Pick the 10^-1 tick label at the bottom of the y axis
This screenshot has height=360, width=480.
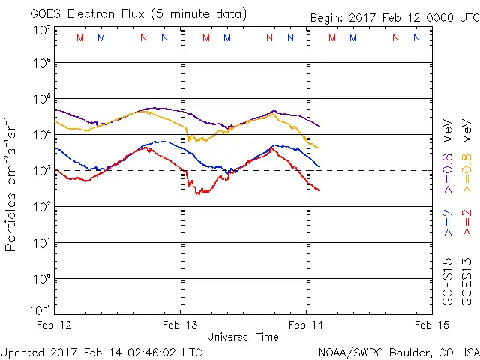39,309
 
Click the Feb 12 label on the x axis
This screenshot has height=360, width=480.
55,325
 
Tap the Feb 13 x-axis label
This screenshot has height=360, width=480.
181,325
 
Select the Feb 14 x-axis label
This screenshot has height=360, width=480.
306,325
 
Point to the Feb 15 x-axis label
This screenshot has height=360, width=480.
431,325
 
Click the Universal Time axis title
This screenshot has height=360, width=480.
242,337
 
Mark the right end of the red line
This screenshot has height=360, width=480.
319,190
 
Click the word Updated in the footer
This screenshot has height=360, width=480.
22,351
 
